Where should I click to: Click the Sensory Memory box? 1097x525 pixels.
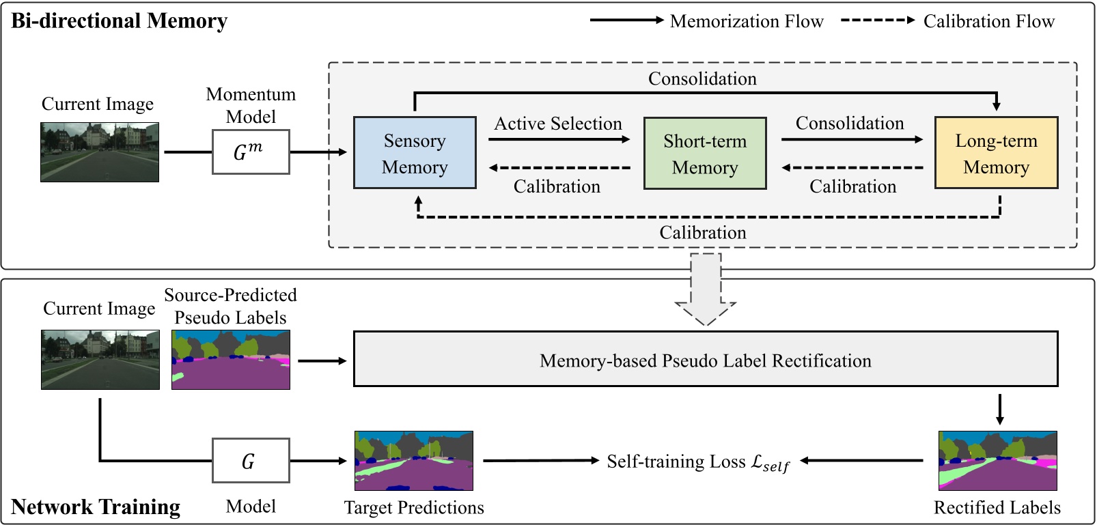coord(415,153)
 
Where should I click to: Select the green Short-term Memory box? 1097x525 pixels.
coord(705,153)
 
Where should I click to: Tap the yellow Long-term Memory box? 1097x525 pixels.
coord(996,153)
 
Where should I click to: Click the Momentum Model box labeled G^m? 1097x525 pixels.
coord(251,152)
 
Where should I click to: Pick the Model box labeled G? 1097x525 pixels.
coord(251,461)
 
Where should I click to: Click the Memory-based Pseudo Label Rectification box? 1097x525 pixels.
coord(705,359)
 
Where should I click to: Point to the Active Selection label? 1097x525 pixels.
coord(558,124)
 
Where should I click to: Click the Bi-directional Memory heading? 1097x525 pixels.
coord(119,21)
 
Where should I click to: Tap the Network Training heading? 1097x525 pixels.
coord(96,507)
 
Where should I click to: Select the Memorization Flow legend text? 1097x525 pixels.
coord(747,21)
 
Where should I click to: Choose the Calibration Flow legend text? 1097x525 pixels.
coord(988,21)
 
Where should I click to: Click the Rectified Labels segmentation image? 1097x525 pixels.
coord(997,460)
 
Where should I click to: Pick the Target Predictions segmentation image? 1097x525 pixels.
coord(414,460)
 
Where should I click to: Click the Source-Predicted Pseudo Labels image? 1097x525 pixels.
coord(231,360)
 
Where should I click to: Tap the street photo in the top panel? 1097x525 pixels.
coord(100,152)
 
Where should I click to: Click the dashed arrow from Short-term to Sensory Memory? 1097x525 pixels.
coord(560,168)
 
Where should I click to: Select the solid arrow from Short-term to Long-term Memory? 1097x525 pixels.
coord(852,139)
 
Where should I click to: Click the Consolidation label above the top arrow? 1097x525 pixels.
coord(702,79)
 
